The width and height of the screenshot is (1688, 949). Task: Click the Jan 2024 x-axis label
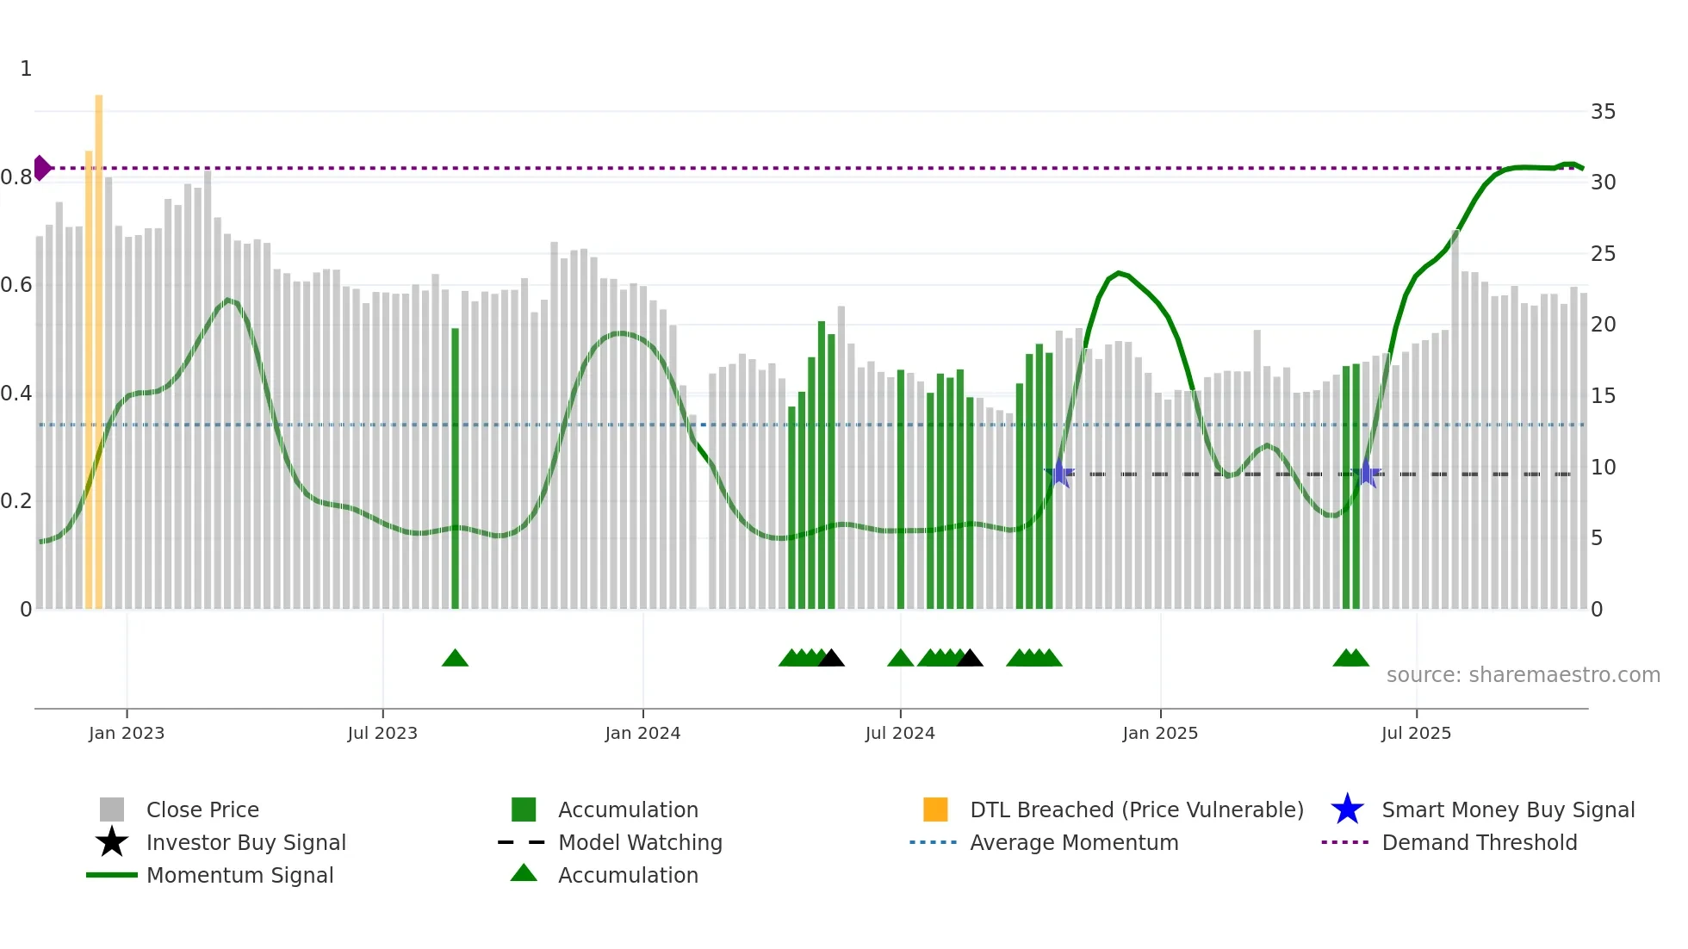point(642,733)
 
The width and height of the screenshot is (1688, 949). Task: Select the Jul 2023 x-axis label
point(382,733)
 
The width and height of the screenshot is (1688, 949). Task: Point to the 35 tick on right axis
point(1603,112)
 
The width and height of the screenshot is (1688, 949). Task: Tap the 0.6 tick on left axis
point(16,285)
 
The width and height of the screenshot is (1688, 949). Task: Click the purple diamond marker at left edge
point(41,168)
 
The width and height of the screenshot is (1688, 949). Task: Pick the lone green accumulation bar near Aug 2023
point(455,469)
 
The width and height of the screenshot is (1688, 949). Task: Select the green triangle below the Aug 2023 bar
point(455,659)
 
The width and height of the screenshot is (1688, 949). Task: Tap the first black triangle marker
point(831,659)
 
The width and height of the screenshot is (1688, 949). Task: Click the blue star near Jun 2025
point(1366,474)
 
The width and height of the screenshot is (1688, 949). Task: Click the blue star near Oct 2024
point(1060,474)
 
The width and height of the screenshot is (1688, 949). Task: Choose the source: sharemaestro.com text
point(1523,675)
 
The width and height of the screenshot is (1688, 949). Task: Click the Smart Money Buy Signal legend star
point(1347,809)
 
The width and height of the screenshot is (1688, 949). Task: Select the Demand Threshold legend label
point(1479,842)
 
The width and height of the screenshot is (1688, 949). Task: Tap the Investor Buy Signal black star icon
point(112,842)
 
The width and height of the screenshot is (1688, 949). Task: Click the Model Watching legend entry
point(639,842)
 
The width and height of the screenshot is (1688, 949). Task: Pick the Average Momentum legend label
point(1073,842)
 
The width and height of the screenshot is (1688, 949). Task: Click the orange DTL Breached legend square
point(935,809)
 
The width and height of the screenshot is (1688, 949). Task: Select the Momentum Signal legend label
point(239,875)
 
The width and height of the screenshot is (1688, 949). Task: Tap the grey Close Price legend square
point(112,809)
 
